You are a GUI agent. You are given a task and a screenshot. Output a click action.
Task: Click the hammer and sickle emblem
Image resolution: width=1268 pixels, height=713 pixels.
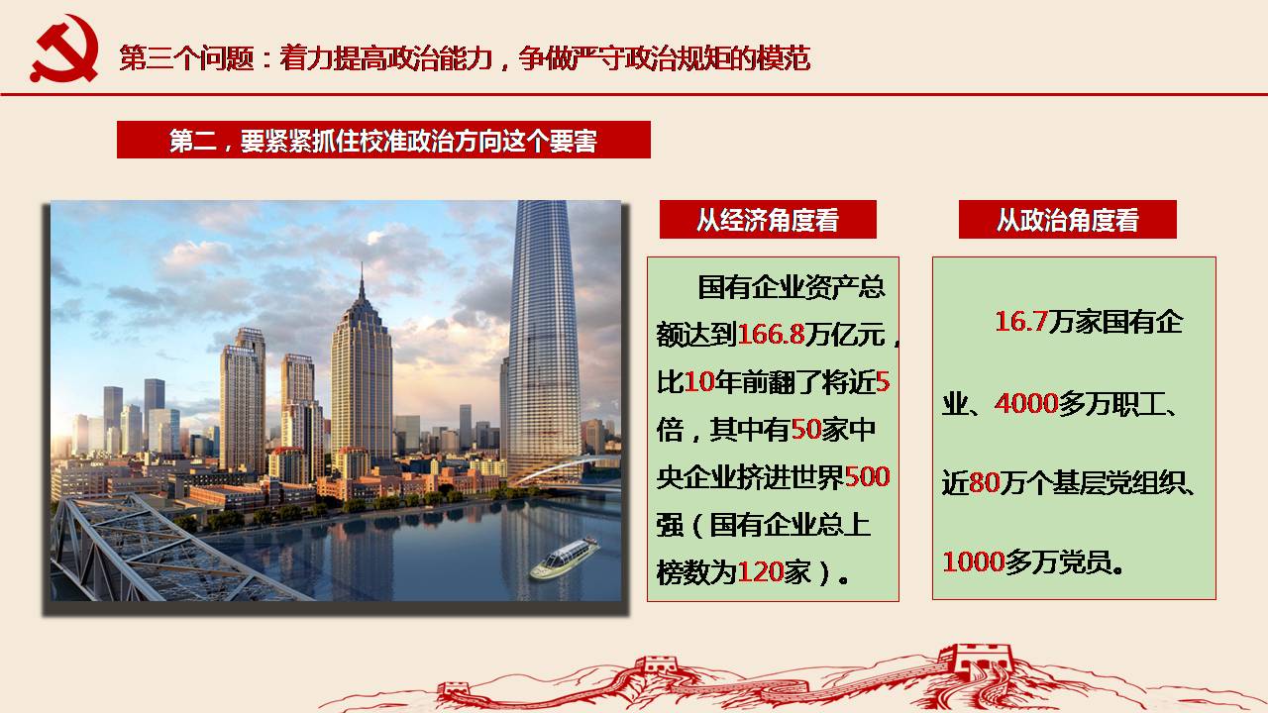click(x=64, y=49)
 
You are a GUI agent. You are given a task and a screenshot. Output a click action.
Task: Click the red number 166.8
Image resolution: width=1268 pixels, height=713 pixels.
click(x=771, y=335)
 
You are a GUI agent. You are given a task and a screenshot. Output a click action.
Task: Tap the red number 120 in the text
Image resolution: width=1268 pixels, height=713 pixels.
click(x=760, y=572)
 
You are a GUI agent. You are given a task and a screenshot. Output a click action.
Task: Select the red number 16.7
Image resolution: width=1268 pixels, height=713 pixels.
click(x=1021, y=322)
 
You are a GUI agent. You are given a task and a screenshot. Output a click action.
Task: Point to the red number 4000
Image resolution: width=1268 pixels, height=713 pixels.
click(x=1026, y=403)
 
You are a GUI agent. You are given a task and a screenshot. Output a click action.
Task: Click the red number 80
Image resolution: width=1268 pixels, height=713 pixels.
click(x=984, y=482)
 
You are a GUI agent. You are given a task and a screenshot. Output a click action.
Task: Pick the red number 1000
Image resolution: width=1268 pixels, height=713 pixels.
click(x=974, y=561)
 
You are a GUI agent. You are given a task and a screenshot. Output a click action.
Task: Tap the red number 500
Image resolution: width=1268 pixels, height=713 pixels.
click(x=867, y=477)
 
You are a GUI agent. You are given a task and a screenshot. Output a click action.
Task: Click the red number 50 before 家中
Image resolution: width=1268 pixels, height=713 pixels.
click(x=806, y=430)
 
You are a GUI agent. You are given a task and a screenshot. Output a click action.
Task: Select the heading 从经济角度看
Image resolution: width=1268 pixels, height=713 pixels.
click(x=768, y=220)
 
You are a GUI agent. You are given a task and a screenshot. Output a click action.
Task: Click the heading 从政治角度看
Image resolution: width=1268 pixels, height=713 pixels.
click(x=1068, y=220)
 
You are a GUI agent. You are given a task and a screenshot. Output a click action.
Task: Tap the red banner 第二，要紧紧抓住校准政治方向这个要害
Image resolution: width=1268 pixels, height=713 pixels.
click(x=383, y=140)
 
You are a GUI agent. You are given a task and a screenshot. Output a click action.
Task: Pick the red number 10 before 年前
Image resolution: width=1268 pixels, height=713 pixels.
click(x=699, y=382)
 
